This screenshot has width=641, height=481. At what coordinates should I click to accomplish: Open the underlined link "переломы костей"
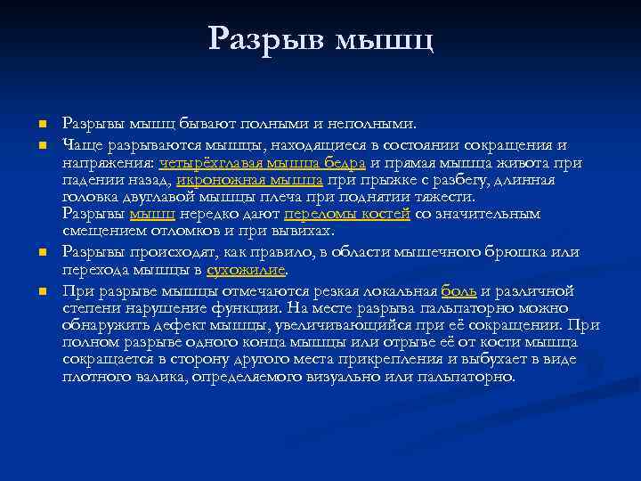pos(347,214)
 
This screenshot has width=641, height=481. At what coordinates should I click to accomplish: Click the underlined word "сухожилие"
pos(247,270)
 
